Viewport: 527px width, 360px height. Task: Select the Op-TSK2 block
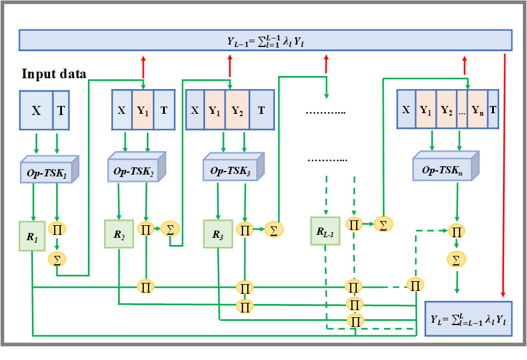(x=136, y=169)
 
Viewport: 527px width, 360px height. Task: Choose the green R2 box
(x=119, y=233)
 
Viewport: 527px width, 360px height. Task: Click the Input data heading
(x=54, y=75)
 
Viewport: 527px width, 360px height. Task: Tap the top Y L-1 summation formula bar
(x=265, y=40)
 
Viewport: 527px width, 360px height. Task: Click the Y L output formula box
(x=469, y=318)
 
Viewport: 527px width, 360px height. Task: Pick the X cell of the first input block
(x=36, y=111)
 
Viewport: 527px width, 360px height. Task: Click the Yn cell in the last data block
(x=477, y=110)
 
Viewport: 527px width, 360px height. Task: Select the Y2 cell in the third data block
(x=236, y=110)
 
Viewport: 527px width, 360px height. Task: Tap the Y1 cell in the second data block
(x=143, y=110)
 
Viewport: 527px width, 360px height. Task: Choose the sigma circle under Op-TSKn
(x=456, y=259)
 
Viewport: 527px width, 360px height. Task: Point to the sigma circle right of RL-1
(x=382, y=225)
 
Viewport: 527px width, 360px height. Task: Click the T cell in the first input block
(x=61, y=111)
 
